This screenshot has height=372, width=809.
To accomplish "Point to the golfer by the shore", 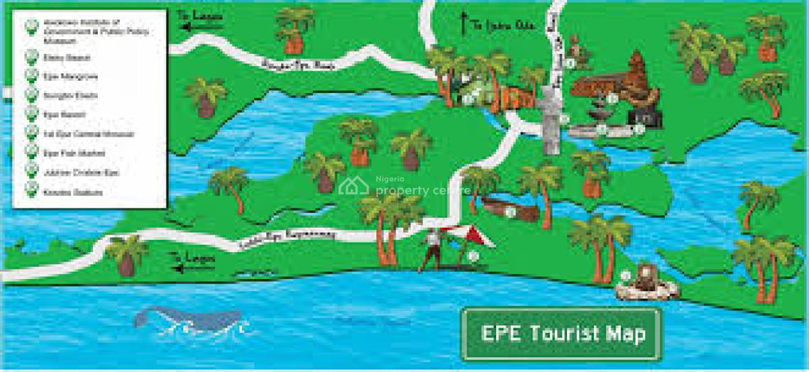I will click(430, 249).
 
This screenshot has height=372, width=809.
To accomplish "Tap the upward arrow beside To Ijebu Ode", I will click(462, 24).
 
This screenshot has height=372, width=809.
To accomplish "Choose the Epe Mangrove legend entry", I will click(61, 76).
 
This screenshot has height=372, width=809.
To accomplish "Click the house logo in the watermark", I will click(353, 187).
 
